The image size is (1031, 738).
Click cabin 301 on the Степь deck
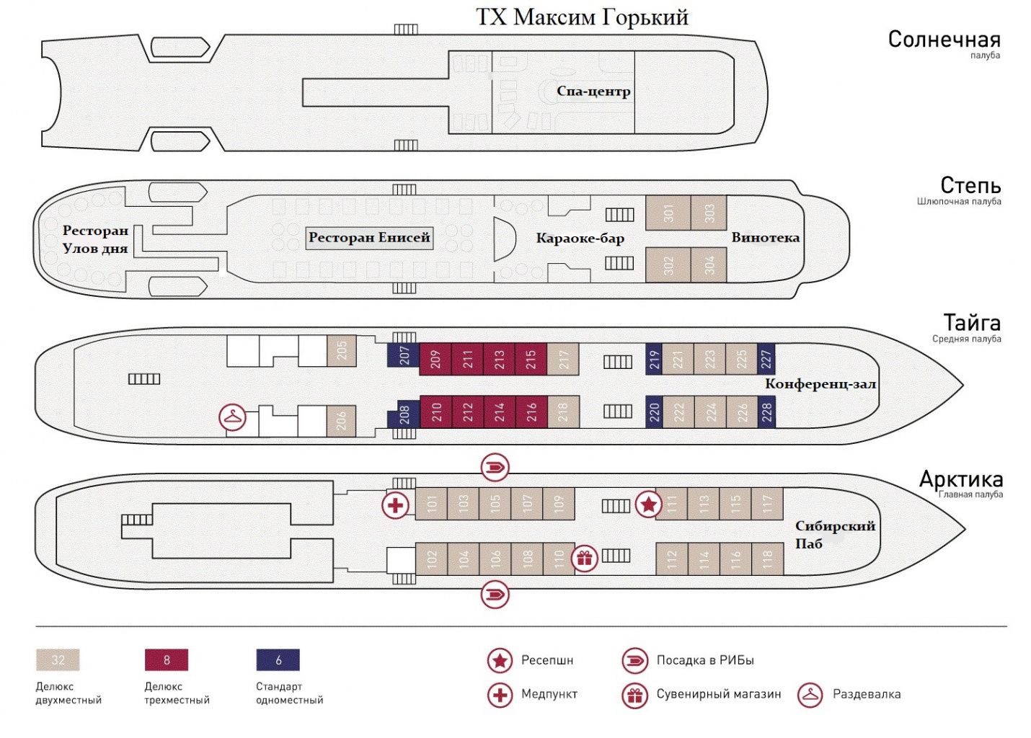(668, 213)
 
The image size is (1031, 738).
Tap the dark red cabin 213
(499, 359)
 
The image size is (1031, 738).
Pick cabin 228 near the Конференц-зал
(766, 412)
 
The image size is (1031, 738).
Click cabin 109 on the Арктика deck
(559, 503)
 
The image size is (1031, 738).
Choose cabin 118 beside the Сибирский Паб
(767, 558)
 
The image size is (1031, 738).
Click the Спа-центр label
(593, 92)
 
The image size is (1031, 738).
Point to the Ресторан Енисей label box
(369, 238)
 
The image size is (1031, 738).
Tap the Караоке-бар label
(580, 239)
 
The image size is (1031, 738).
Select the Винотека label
(765, 238)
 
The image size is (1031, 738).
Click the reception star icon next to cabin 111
(647, 504)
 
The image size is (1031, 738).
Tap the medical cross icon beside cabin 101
(395, 505)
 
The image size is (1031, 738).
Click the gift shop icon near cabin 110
(584, 558)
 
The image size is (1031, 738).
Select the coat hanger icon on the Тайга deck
(233, 417)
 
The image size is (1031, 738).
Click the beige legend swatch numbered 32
(58, 660)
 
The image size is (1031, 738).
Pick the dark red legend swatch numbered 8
(167, 660)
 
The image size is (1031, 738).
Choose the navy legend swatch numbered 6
(278, 660)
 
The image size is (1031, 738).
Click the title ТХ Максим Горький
(582, 17)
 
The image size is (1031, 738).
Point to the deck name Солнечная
(944, 40)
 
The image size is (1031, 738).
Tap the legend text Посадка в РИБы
(704, 660)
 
